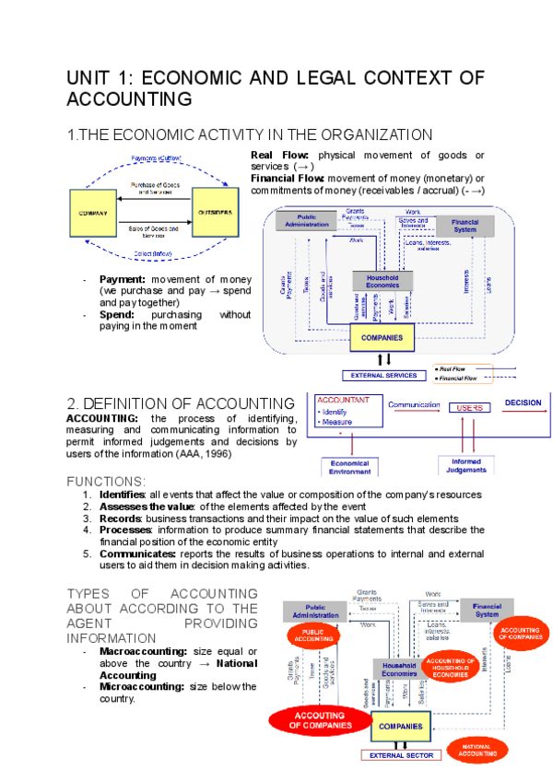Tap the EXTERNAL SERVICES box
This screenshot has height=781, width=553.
tap(383, 375)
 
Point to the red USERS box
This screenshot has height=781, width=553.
tap(469, 407)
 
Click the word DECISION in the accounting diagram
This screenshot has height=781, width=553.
tap(524, 402)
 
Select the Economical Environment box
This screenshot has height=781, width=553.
tap(349, 466)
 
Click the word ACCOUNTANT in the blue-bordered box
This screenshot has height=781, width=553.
tap(343, 401)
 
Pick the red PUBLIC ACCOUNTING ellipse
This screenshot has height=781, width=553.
tap(314, 634)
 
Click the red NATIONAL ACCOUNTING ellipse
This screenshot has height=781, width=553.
tap(477, 750)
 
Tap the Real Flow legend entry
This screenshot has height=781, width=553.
tap(457, 368)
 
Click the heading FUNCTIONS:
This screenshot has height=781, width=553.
tap(106, 482)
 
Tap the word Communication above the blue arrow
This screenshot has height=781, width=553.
tap(414, 404)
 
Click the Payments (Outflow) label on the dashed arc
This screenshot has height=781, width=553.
tap(157, 158)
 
